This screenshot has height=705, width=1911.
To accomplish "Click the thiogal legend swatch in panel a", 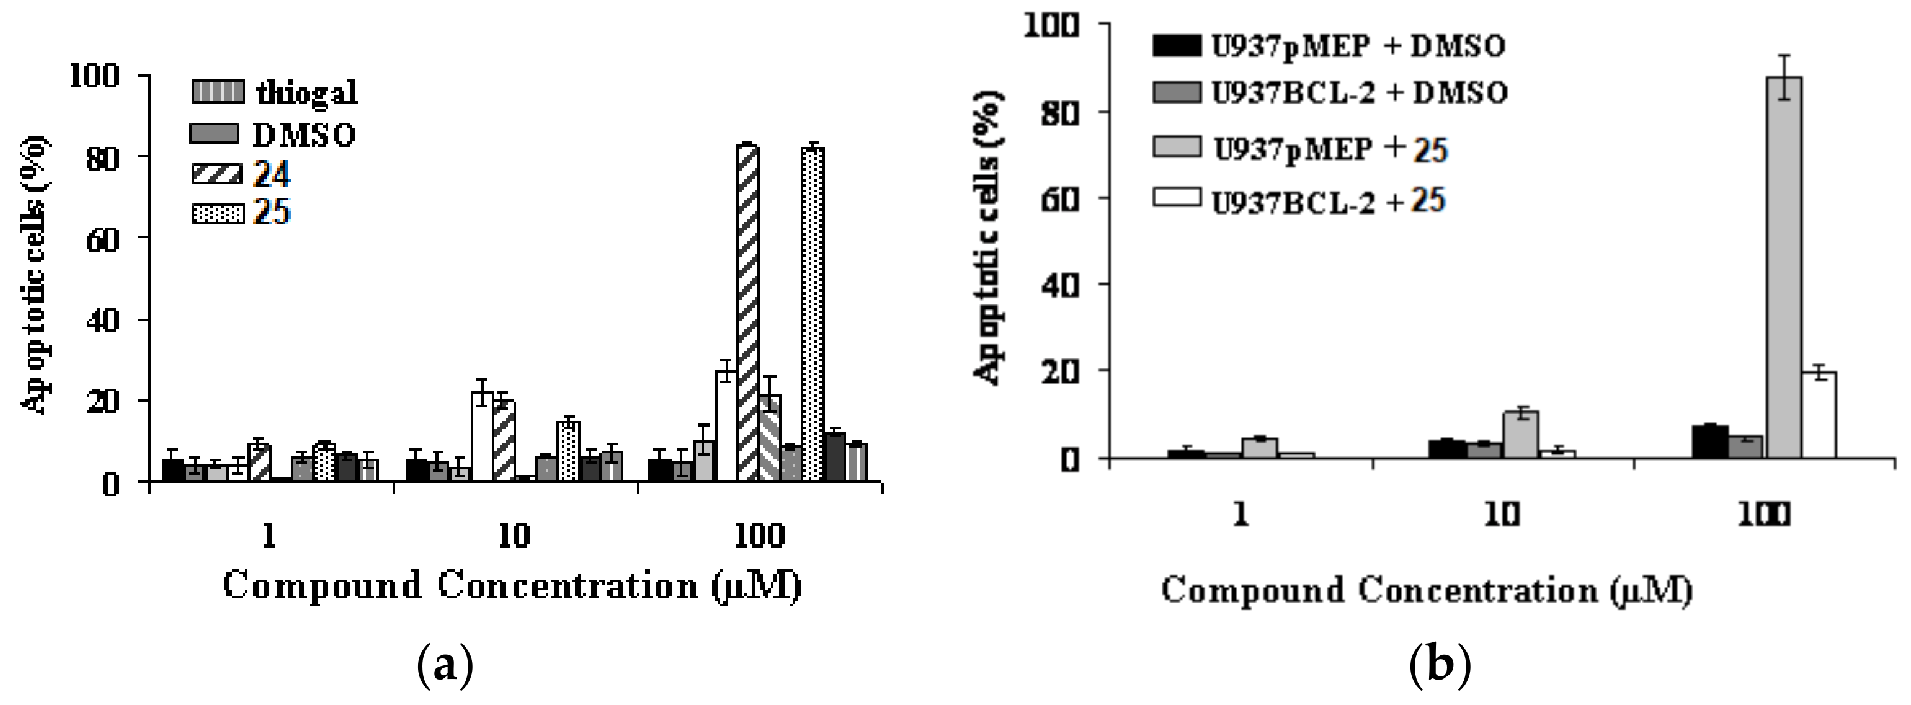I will click(216, 92).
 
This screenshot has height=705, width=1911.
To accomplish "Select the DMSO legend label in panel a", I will click(304, 135).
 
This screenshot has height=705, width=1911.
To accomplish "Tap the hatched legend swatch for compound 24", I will click(216, 175).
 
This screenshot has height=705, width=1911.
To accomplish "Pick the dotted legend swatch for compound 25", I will click(216, 215).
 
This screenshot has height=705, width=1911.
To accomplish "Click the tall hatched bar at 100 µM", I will click(748, 311).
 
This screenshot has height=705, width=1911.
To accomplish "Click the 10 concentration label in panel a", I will click(514, 534).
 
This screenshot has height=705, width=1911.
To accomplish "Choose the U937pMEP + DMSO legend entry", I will click(1328, 47).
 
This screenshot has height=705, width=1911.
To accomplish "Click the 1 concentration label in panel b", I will click(1241, 514).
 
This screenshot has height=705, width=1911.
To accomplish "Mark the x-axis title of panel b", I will click(1427, 591).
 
